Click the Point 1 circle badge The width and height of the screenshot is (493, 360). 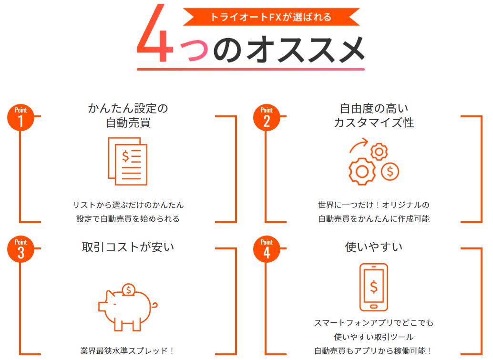coord(21,118)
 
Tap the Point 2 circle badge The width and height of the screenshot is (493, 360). coord(267,118)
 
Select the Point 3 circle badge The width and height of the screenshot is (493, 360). coord(21,249)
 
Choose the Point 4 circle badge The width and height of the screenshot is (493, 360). coord(267,249)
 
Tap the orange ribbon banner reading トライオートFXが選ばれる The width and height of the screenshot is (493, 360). coord(271,17)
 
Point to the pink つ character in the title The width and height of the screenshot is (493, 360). coord(194,51)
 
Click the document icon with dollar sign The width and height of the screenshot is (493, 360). coord(128,161)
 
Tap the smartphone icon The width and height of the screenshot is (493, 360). coord(373,287)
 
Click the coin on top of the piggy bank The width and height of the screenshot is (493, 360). coord(128,289)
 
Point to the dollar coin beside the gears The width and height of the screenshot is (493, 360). coord(390,171)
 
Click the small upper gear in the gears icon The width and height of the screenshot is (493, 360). coord(379,152)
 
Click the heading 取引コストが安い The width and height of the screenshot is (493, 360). coord(128,247)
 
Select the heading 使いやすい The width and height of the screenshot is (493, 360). coord(373,247)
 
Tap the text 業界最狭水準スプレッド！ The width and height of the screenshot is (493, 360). coord(127,350)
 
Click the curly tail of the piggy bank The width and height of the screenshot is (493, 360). coord(154,305)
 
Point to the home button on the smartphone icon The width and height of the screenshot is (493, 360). coord(373,307)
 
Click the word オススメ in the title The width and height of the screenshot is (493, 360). coord(305,50)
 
